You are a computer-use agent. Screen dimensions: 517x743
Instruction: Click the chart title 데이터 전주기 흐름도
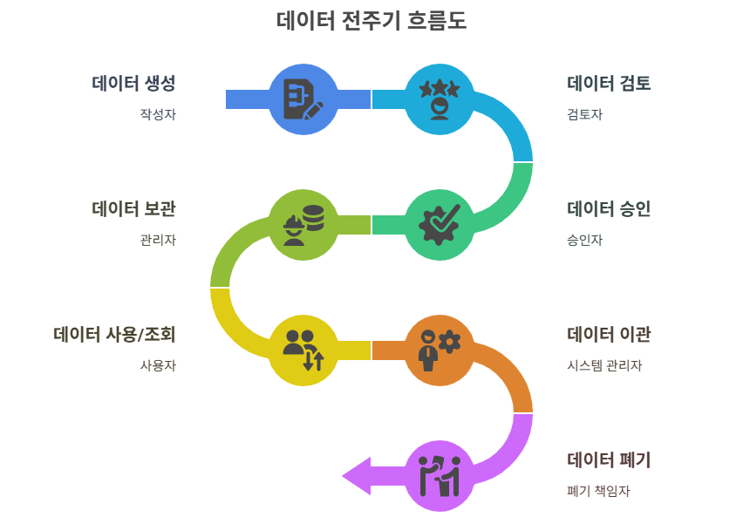(371, 21)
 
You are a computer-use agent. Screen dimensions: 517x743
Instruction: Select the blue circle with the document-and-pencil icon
(303, 99)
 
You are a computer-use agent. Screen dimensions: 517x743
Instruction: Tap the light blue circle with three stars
(440, 99)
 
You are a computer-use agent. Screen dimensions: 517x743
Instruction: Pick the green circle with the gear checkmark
(440, 224)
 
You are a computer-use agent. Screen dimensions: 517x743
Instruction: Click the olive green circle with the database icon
(303, 224)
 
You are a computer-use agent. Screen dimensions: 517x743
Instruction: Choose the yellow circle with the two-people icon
(303, 350)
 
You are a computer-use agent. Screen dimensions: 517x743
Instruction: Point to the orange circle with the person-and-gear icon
(440, 350)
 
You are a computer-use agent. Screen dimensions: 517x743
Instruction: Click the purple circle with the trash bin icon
(440, 475)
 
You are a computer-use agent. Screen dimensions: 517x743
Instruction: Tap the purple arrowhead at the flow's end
(358, 475)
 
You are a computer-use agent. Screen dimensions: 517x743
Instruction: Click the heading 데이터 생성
(133, 84)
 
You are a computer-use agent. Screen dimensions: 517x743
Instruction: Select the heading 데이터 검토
(609, 84)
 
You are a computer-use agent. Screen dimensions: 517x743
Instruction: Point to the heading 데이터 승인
(609, 209)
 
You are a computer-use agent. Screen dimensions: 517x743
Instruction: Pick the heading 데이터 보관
(133, 209)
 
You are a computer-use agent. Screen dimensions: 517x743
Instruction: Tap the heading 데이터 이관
(609, 335)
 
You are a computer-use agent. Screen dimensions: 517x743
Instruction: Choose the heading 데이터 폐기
(609, 460)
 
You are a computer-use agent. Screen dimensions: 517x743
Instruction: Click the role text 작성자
(158, 114)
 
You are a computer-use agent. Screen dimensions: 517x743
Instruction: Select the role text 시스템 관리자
(604, 365)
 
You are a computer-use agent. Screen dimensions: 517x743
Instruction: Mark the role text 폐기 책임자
(598, 491)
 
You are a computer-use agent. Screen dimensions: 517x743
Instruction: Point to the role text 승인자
(584, 240)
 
